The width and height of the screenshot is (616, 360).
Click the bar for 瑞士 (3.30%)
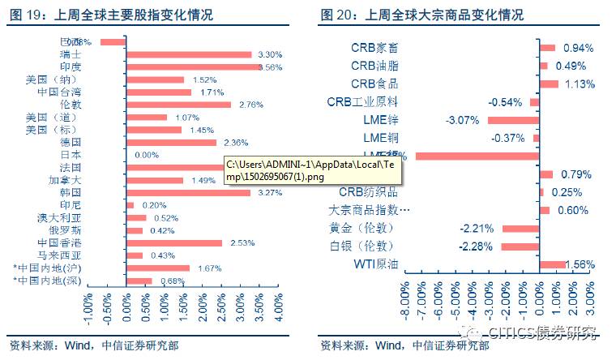click(x=189, y=54)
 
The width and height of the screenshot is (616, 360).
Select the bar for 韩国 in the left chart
click(x=188, y=193)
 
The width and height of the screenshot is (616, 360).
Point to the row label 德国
click(x=71, y=143)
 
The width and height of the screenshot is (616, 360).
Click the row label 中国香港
click(x=58, y=242)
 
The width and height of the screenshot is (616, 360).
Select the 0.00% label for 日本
click(x=147, y=155)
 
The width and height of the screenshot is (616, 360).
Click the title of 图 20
click(x=421, y=15)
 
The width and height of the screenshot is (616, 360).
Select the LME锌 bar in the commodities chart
click(x=513, y=120)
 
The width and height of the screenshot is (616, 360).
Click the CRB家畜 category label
click(x=374, y=49)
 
